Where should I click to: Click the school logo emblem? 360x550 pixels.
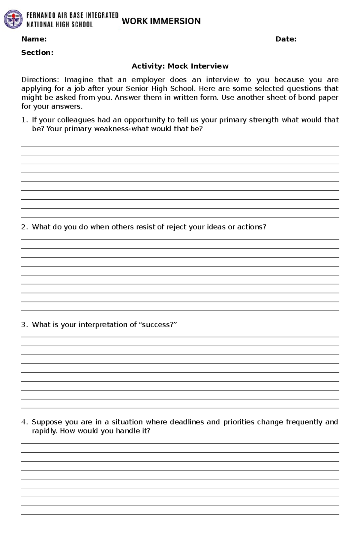pos(13,19)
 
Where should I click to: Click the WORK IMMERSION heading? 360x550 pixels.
pos(161,21)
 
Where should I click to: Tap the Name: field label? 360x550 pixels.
pos(34,39)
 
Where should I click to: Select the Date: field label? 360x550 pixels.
pos(286,39)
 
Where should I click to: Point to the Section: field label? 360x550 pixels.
pos(37,53)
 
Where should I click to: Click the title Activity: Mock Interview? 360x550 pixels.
pos(180,66)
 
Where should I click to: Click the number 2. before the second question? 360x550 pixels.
pos(24,227)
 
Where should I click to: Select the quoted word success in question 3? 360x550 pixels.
pos(157,325)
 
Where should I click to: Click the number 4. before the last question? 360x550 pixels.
pos(24,422)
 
